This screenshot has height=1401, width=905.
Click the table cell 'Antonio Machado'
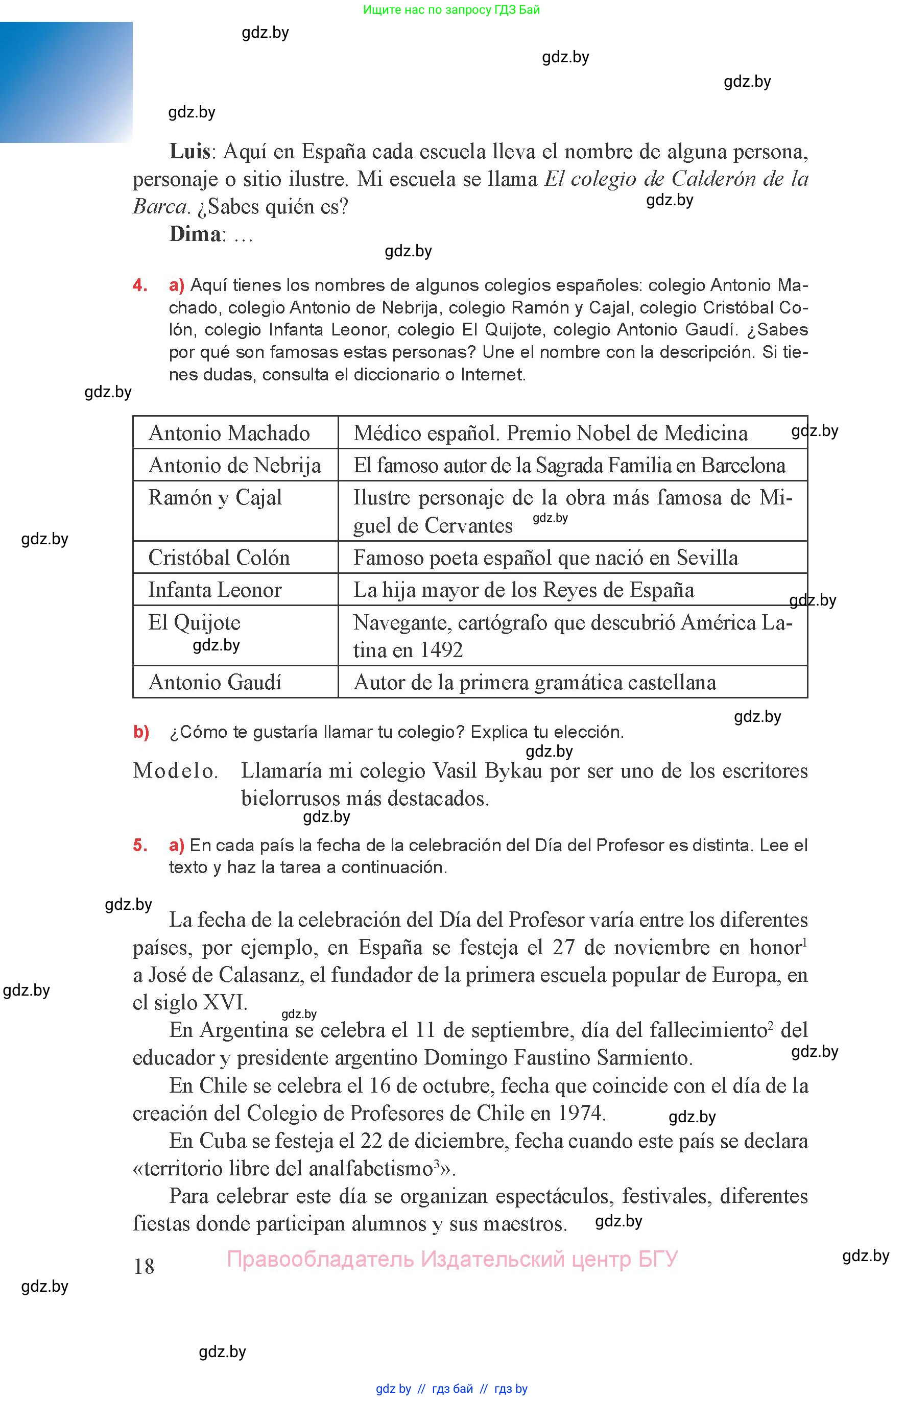(229, 433)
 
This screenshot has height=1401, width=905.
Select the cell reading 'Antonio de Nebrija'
(234, 465)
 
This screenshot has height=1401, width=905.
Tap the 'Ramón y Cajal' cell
(215, 497)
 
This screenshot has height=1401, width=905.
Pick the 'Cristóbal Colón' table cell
(219, 558)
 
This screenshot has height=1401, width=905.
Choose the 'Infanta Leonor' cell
(215, 590)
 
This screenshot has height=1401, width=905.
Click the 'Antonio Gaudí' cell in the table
(215, 682)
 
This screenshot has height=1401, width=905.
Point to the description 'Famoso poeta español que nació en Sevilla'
(545, 558)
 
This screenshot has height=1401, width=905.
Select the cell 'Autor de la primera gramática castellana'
(535, 682)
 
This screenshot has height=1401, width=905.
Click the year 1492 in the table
(441, 650)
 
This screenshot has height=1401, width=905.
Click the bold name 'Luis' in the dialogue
(190, 152)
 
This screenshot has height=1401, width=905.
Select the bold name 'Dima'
(195, 234)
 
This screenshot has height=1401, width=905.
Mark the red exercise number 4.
(139, 285)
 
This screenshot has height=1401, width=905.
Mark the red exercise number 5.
(139, 846)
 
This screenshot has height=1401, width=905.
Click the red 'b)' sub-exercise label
(141, 732)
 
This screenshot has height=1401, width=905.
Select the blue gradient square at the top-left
(66, 82)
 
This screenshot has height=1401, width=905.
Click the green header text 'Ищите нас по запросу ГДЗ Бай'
(451, 9)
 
